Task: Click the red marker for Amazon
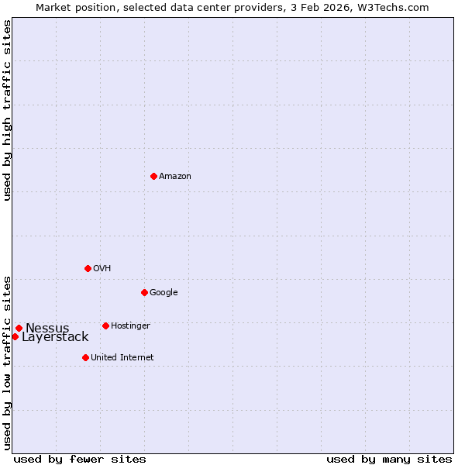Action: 153,176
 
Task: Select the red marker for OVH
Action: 88,268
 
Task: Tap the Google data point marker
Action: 144,292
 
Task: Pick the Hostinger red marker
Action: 105,325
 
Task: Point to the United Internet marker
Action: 85,357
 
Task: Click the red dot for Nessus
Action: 19,328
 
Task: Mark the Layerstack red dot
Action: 15,336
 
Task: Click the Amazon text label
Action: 175,177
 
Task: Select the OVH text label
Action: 102,269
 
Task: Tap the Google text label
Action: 164,293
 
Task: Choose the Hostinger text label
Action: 130,326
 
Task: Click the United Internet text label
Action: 122,358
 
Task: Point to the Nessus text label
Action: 47,329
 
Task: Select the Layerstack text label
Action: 55,337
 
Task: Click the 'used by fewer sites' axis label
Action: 80,459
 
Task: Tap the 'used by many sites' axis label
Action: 389,459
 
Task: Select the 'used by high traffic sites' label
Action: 7,110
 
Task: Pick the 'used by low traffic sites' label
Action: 7,362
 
